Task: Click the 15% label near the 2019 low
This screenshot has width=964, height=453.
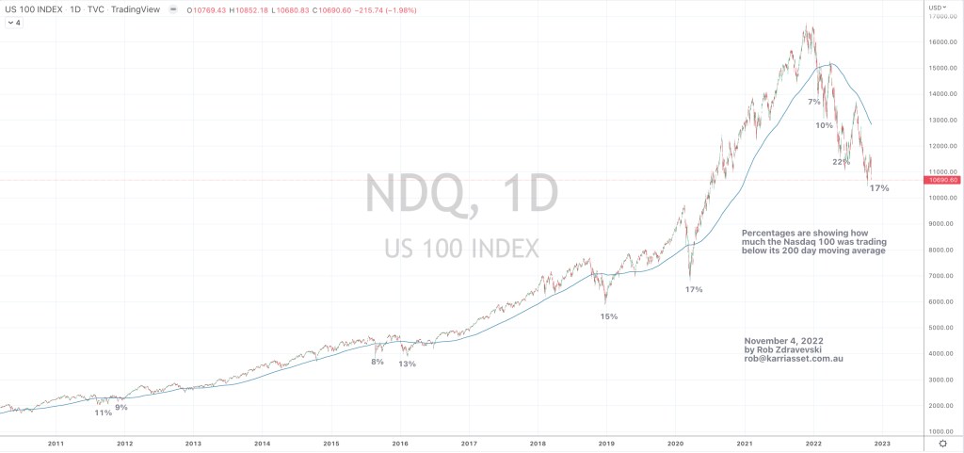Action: click(x=609, y=316)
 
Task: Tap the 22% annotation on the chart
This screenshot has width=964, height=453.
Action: click(x=841, y=162)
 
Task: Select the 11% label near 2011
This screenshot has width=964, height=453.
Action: click(x=103, y=413)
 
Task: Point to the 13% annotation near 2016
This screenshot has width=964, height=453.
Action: click(x=407, y=364)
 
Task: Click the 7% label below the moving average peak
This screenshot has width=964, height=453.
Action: click(x=814, y=102)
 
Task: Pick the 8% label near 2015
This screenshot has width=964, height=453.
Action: click(x=378, y=362)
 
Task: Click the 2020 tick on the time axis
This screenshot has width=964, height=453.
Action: click(x=675, y=442)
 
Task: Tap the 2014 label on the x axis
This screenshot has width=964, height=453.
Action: click(x=262, y=442)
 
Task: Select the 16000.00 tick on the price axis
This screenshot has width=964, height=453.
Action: click(x=941, y=42)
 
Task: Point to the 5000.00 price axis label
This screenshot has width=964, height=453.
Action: click(x=941, y=328)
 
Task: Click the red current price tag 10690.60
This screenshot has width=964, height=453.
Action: click(x=941, y=180)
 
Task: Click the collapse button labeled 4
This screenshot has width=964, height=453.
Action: click(x=15, y=23)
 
